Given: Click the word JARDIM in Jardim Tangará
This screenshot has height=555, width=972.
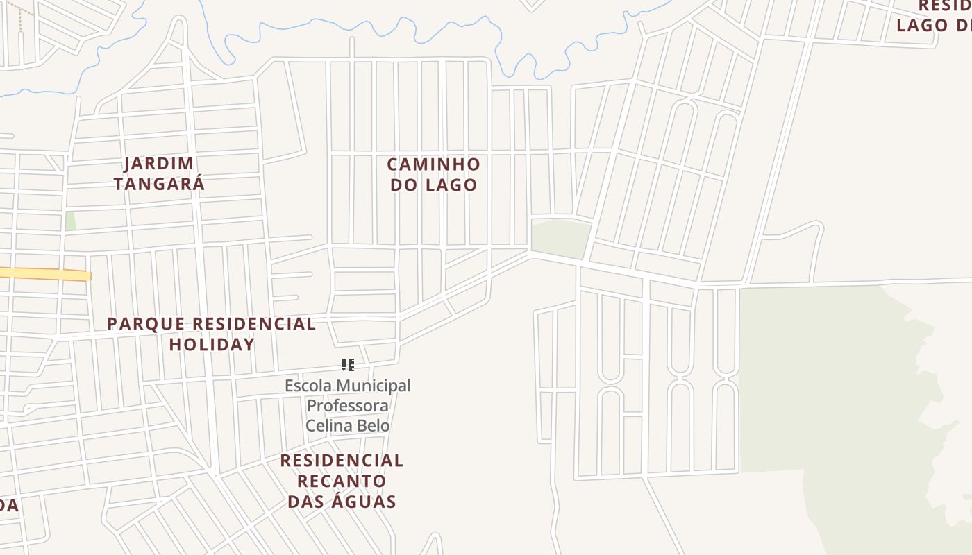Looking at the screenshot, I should pos(159,164).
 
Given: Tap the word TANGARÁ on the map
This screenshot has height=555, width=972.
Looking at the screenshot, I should pos(160,184).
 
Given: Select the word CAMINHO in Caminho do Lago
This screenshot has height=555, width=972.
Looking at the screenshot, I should pos(433,164).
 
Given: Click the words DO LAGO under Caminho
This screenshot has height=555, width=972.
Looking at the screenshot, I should pos(433,185).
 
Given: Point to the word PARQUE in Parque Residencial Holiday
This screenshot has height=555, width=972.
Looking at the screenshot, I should pos(146,324).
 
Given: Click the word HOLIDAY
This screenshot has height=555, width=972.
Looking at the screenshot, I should pos(212,344).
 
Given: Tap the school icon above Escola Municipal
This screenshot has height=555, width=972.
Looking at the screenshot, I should pos(348,365).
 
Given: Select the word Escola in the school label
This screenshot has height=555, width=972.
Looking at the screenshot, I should pos(307,386).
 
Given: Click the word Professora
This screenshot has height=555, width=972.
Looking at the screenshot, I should pos(348,406).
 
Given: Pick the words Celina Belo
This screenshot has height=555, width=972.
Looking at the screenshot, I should pos(348,426).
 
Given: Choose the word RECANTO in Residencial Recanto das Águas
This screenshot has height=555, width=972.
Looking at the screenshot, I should pos(342,481).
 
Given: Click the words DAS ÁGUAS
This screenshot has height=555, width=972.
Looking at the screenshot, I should pos(342,502).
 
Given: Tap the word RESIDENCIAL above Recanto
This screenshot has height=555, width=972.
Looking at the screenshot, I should pos(342,461).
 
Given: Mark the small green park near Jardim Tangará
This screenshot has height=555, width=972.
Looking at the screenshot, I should pos(70,221).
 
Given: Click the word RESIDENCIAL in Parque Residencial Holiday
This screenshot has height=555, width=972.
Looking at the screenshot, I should pos(253,324).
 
